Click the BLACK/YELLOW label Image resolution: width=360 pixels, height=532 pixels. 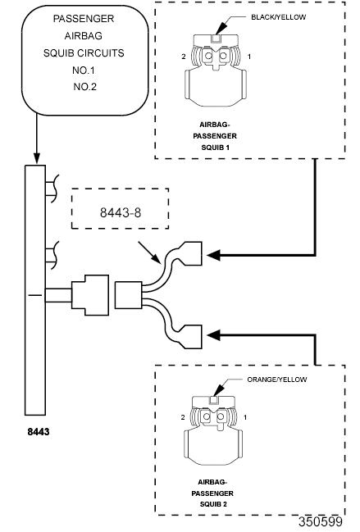tap(278, 17)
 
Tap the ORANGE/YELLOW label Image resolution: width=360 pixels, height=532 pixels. tap(277, 380)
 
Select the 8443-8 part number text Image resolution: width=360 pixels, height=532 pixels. tap(121, 213)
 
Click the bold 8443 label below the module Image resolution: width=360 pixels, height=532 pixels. tap(39, 431)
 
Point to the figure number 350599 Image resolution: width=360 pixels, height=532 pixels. tap(321, 521)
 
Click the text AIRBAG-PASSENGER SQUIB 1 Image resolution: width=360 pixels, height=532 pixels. tap(215, 136)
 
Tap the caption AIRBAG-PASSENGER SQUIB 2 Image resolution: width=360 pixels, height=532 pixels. tap(212, 493)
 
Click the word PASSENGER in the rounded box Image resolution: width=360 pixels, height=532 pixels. tap(84, 19)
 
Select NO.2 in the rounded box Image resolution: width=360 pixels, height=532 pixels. tap(84, 87)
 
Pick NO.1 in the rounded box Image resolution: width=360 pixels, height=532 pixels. tap(84, 70)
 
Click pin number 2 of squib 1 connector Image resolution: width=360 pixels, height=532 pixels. tap(184, 57)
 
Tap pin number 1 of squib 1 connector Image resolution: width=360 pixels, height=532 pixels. tap(249, 57)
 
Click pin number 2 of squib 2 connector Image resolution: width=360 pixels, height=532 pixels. tap(183, 417)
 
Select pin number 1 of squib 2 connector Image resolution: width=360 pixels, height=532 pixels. tap(245, 417)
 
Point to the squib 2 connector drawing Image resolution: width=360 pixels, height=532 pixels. tap(213, 430)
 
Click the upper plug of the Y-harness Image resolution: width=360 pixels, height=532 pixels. tap(190, 253)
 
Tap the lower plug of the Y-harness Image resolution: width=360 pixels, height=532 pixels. tap(190, 336)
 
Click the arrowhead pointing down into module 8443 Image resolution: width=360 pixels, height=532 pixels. tap(36, 157)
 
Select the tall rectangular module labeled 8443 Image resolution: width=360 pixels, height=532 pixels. tap(35, 290)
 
